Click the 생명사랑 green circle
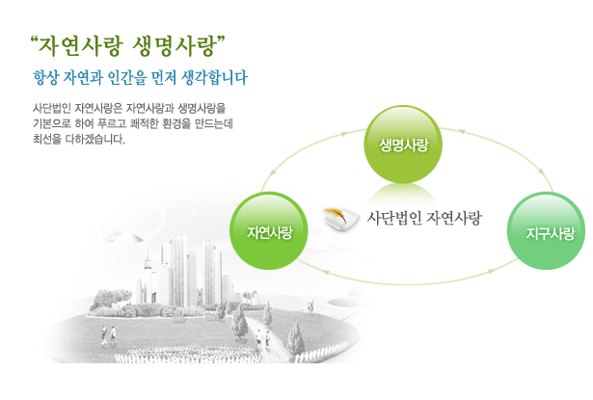coord(403,145)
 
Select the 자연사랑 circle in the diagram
coord(268,231)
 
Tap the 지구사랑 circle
coord(546,231)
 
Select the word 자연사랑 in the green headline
coord(81,46)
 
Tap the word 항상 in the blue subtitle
coord(45,78)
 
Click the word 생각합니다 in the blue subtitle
coord(214,78)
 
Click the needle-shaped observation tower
coord(148,272)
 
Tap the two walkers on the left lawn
coord(109,335)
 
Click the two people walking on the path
coord(262,339)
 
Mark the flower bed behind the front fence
coord(185,351)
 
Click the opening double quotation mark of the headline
coord(35,40)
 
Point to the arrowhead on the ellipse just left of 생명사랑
coord(344,133)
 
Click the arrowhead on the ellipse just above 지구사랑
coord(542,172)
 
